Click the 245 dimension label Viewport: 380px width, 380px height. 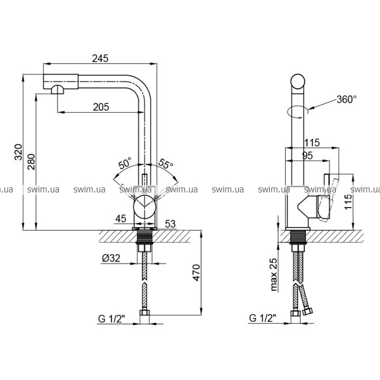100,58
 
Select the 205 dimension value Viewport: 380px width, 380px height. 101,107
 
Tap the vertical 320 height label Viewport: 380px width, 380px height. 18,152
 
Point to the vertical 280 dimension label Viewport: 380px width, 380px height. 31,161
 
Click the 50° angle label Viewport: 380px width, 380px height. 125,163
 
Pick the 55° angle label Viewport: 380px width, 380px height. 166,163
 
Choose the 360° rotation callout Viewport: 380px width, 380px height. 346,99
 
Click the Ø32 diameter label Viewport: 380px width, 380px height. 111,258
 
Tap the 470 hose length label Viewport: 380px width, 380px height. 196,272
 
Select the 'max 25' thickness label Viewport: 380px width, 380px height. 273,274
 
